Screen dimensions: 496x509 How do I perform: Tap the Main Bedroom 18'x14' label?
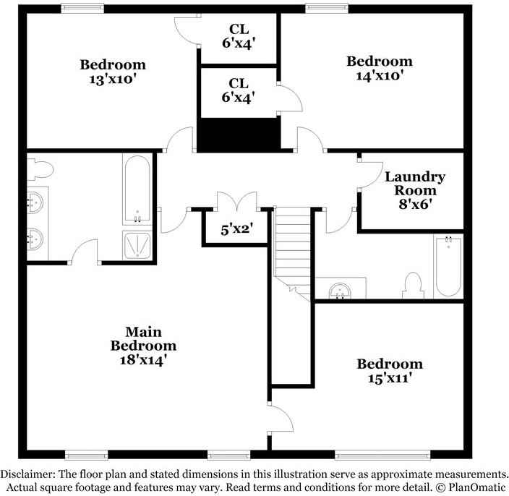(143, 345)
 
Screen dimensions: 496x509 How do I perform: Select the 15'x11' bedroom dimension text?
(390, 377)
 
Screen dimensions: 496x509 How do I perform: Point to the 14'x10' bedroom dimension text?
(380, 74)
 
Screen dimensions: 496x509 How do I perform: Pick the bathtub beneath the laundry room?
(448, 266)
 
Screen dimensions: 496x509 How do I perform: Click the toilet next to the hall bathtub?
(414, 285)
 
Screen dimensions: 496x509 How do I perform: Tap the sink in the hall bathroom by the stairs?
(339, 291)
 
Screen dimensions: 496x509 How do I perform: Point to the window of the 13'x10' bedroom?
(81, 9)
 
